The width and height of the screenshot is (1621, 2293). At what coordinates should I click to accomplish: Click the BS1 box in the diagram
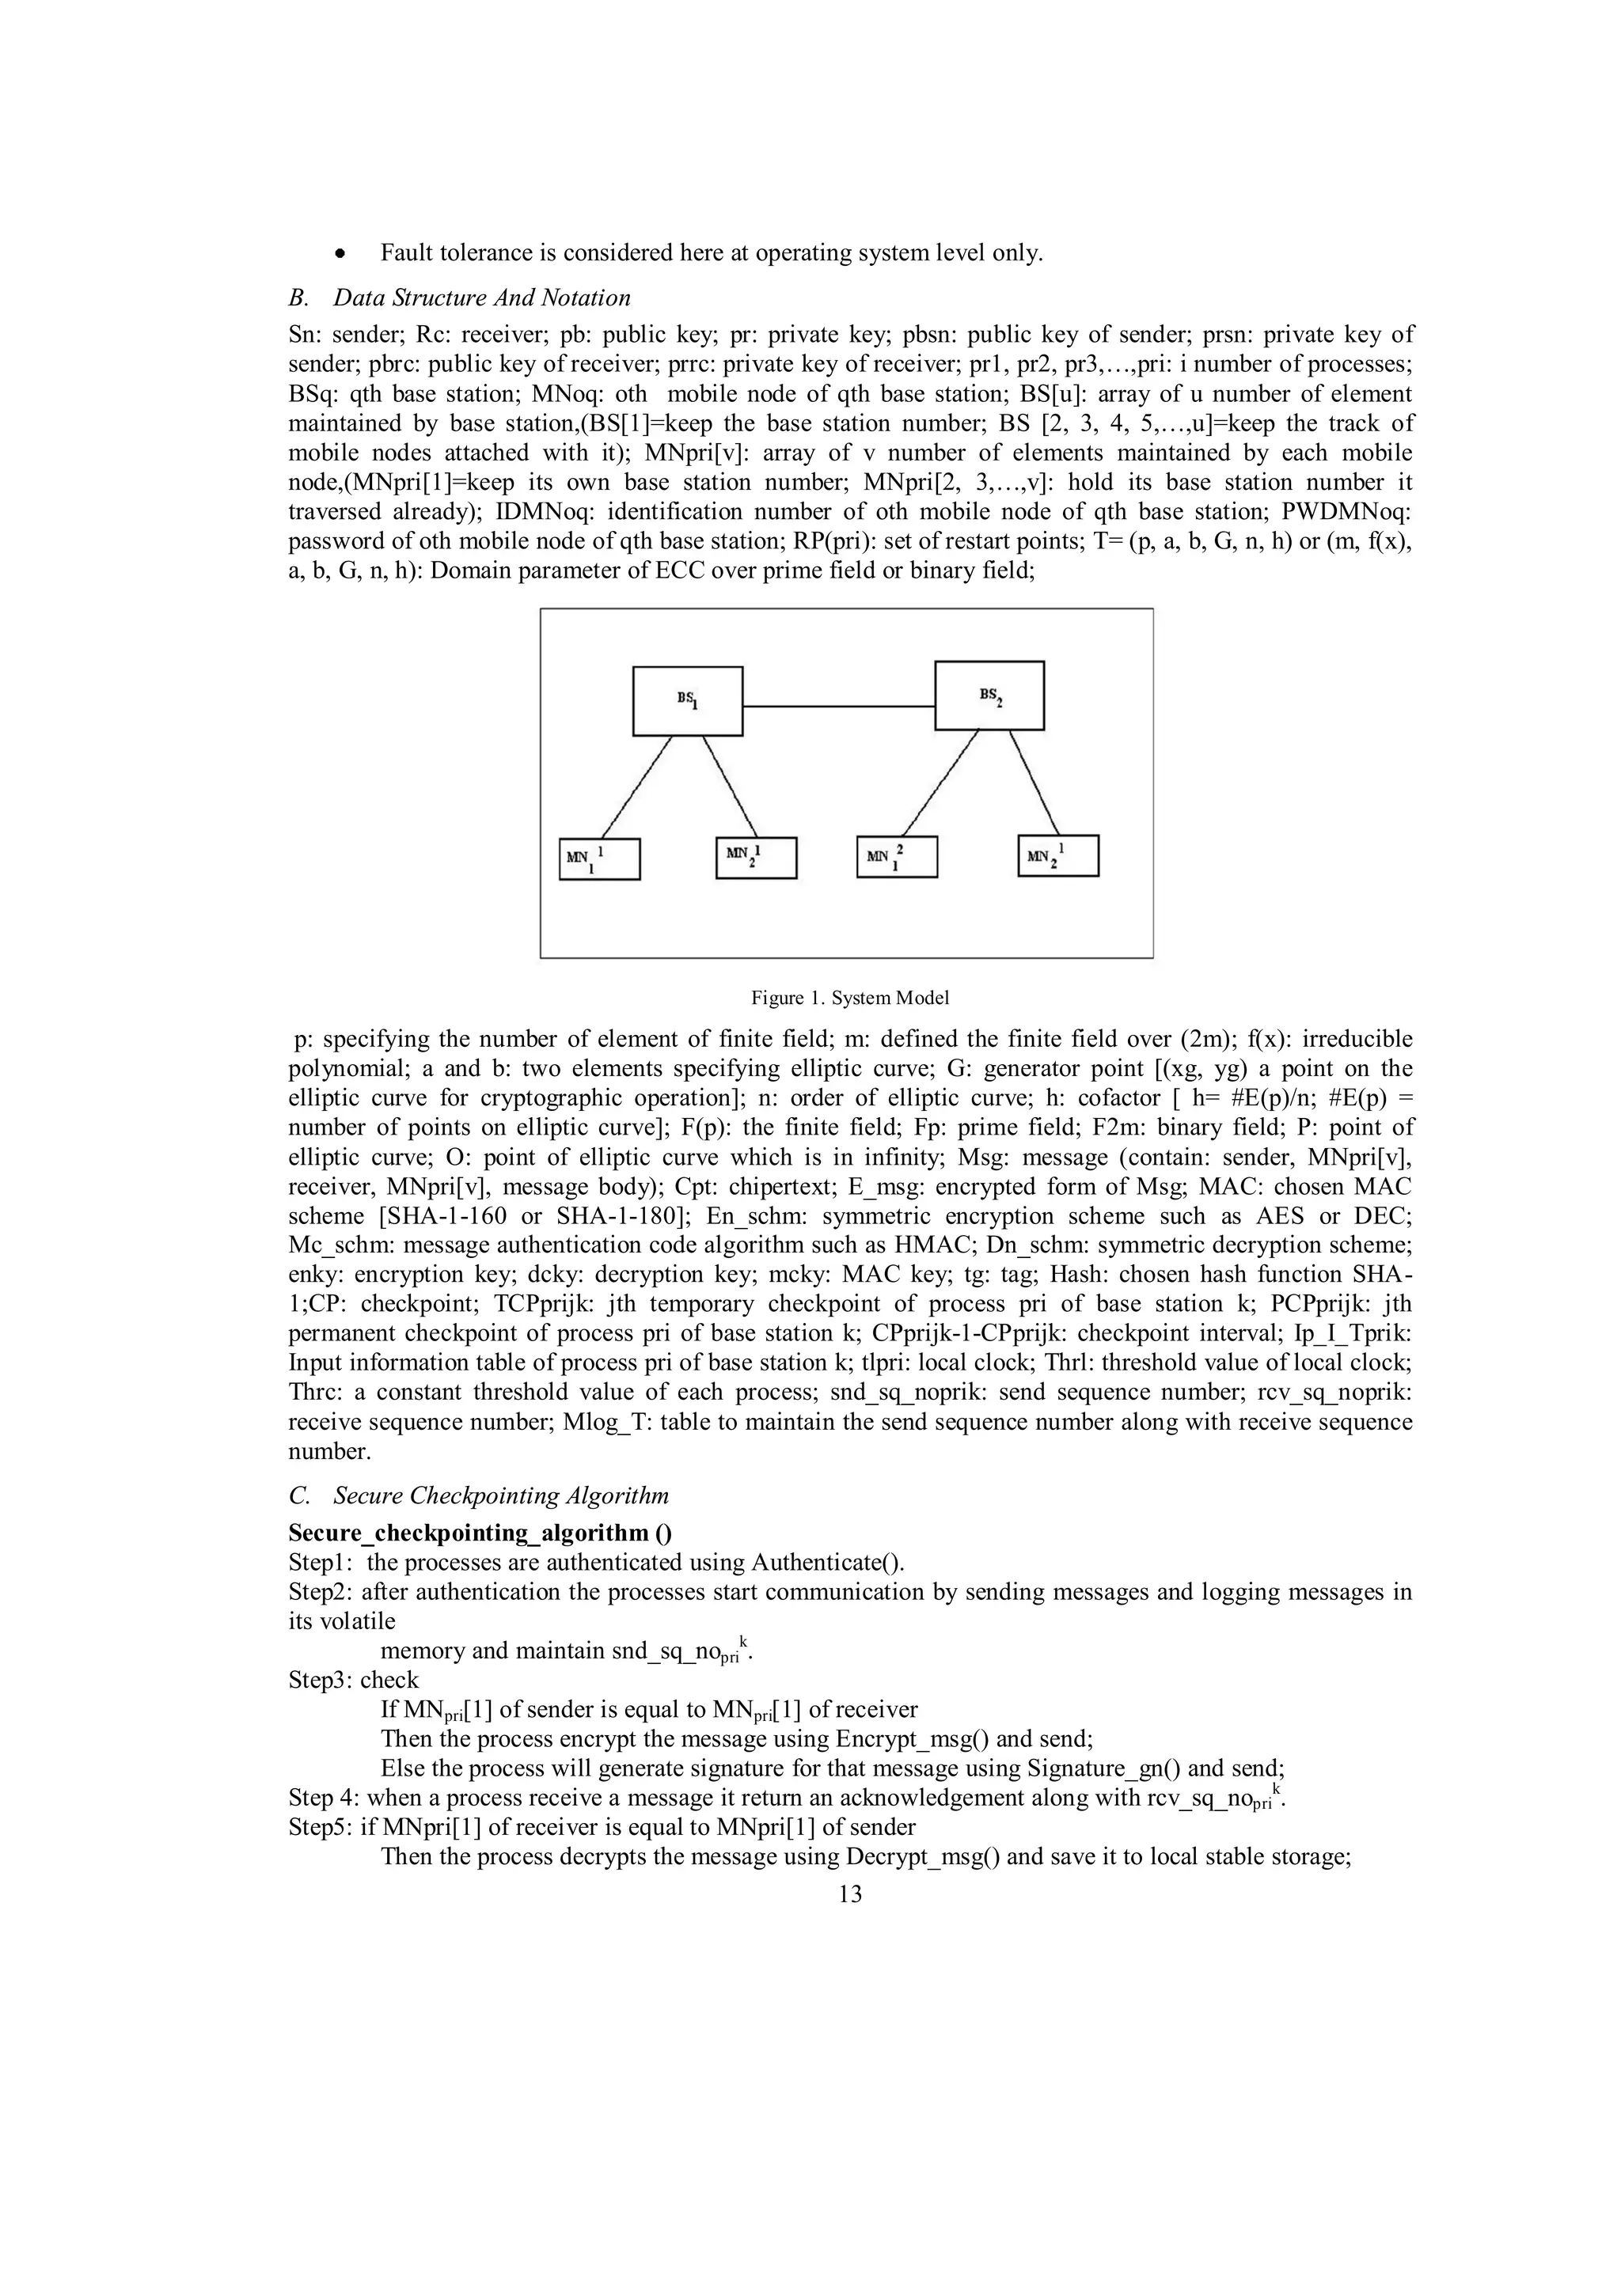688,700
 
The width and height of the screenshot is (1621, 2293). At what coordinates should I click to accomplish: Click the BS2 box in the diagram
989,695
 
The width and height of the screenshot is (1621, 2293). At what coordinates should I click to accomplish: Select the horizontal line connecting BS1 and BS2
838,706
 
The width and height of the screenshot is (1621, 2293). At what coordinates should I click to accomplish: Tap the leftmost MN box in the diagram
599,858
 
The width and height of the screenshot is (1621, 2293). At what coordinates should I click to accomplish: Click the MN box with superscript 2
896,857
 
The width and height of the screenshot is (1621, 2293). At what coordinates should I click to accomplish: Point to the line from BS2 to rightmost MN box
1034,784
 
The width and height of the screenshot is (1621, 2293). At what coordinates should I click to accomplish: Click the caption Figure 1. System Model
849,998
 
